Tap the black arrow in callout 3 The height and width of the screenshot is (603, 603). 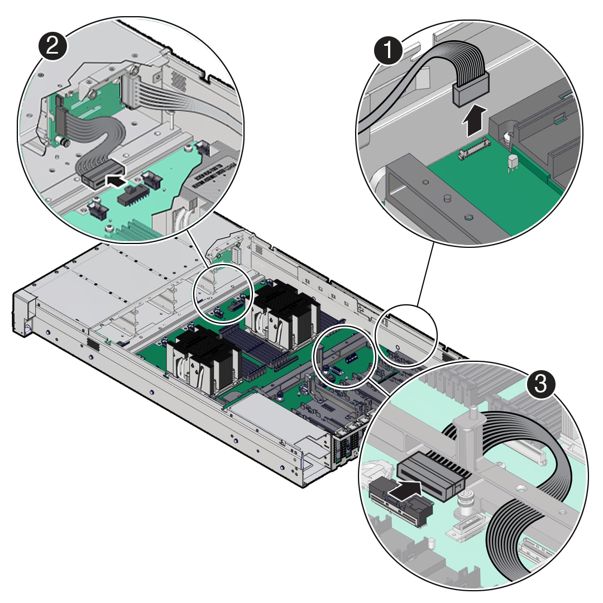click(406, 491)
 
